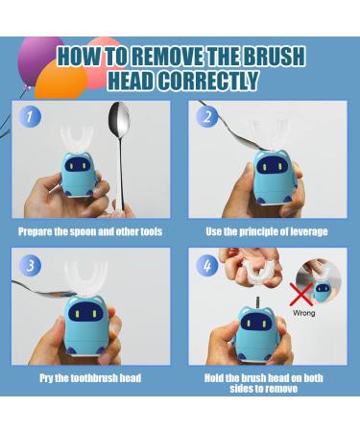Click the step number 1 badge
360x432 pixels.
[x=32, y=117]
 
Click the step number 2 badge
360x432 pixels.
[x=207, y=117]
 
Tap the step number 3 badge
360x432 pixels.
[x=32, y=264]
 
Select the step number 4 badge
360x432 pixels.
[x=207, y=264]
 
